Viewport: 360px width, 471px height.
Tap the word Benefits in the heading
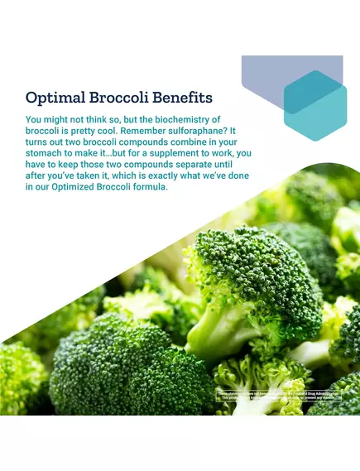click(180, 97)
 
